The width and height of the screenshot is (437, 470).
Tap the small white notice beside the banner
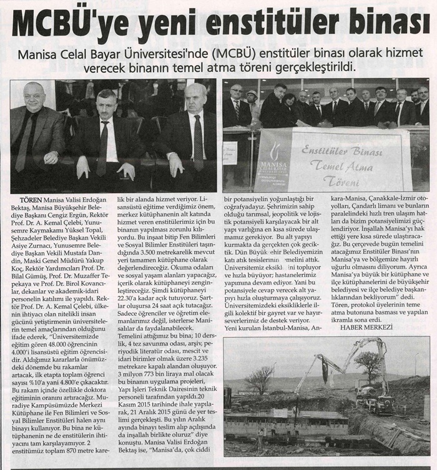(x=230, y=153)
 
